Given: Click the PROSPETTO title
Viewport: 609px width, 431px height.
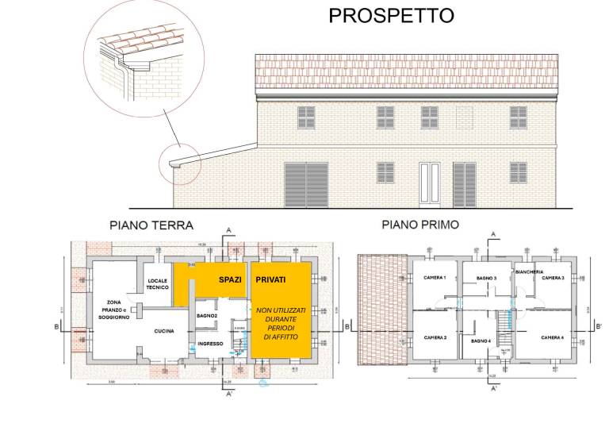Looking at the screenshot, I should click(391, 15).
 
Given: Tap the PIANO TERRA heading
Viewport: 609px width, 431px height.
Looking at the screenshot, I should click(151, 225).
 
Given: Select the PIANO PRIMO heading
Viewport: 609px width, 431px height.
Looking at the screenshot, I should click(419, 225).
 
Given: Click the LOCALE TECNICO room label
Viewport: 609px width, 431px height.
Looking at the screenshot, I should click(157, 285).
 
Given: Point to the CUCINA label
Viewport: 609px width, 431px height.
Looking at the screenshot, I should click(163, 331).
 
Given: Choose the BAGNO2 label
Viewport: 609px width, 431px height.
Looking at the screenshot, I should click(207, 316).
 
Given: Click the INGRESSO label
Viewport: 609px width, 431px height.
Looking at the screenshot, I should click(210, 344).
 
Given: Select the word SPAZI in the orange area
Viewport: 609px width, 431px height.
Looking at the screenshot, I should click(230, 279).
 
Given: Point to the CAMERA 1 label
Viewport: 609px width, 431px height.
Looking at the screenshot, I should click(435, 277).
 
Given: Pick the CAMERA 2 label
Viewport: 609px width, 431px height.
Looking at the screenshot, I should click(435, 338).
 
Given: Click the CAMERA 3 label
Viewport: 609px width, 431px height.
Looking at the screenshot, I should click(552, 278).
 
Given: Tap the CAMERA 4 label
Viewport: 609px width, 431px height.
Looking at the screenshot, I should click(552, 338).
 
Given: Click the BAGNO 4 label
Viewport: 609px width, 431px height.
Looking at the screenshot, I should click(481, 341).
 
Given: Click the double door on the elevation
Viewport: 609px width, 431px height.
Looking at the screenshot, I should click(429, 184).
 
